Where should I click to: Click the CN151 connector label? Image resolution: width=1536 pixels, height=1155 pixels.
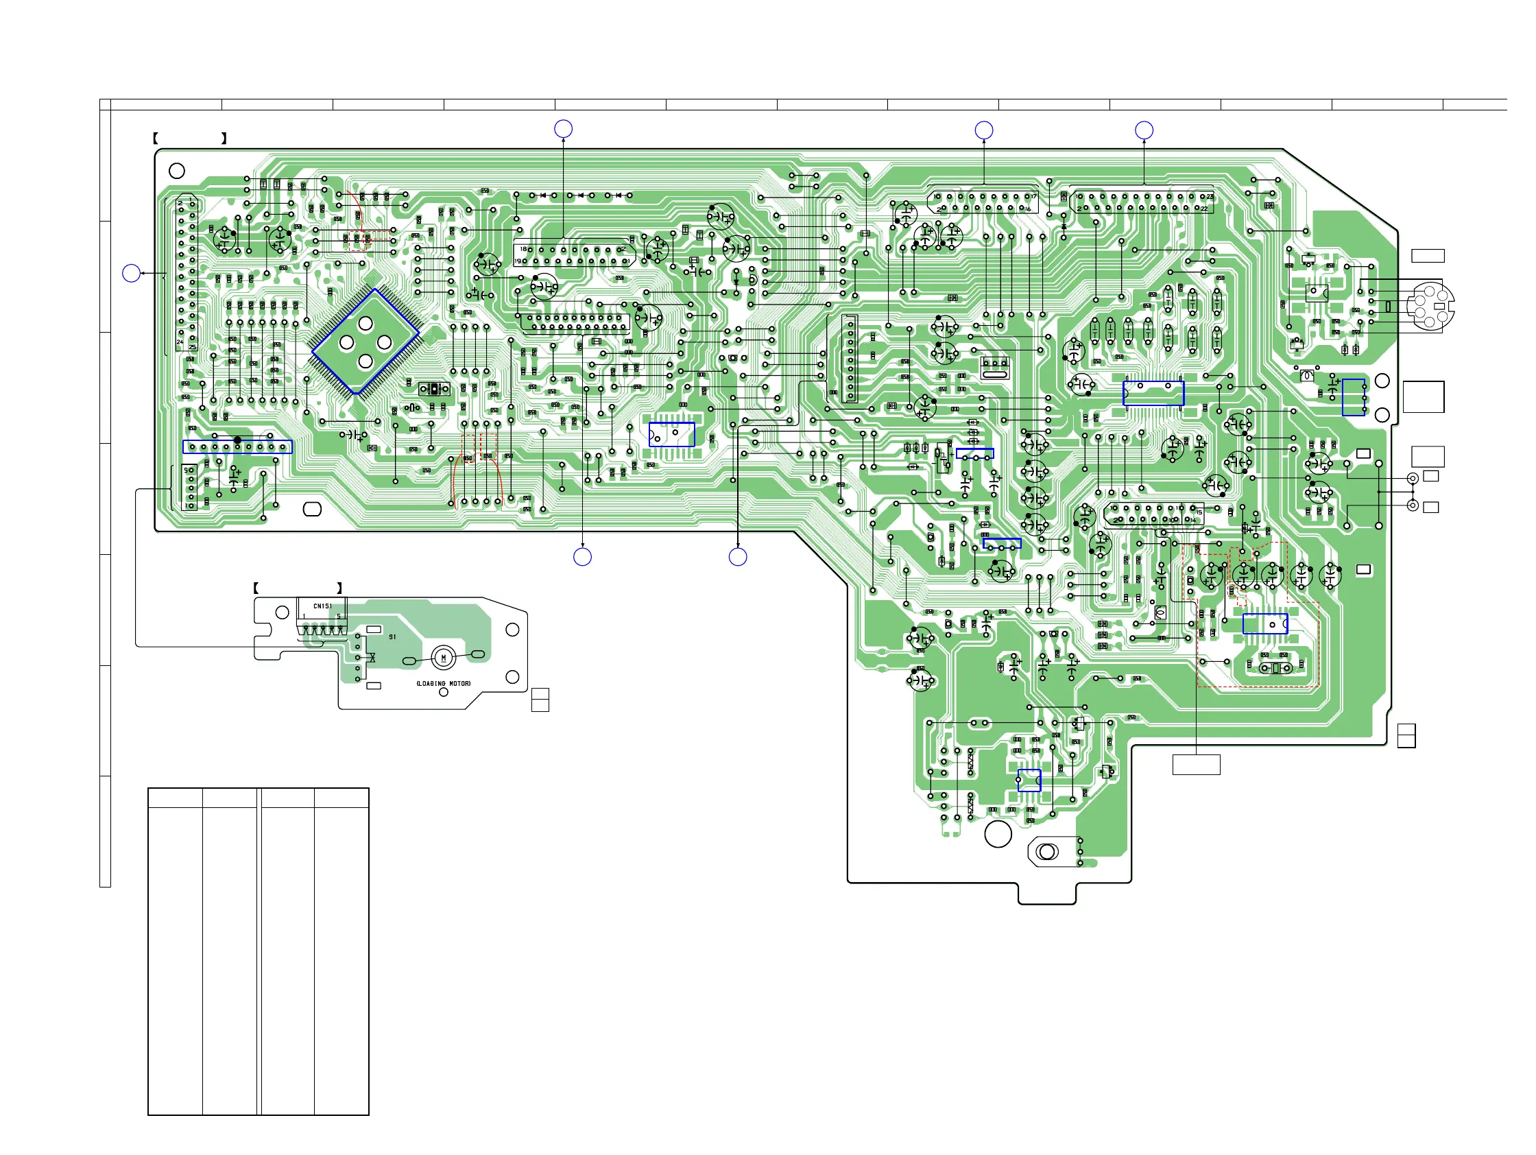(x=322, y=606)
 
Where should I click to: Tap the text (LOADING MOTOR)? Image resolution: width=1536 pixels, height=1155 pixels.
(x=443, y=683)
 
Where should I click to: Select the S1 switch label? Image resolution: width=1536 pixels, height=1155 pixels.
(x=392, y=637)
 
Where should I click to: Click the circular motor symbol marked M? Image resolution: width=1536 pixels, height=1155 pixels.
(x=444, y=657)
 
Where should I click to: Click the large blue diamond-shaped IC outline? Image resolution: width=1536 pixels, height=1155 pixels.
(x=365, y=342)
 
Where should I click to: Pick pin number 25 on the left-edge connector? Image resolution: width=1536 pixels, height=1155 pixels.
(x=193, y=347)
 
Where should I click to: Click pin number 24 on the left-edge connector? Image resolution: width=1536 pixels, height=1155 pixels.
(x=180, y=342)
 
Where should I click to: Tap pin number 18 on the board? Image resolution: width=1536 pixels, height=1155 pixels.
(x=524, y=249)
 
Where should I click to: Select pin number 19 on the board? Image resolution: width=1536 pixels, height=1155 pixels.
(x=518, y=261)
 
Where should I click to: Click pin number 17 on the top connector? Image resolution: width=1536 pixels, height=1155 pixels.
(x=1033, y=197)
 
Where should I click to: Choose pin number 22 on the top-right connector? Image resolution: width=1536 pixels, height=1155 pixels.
(x=1205, y=209)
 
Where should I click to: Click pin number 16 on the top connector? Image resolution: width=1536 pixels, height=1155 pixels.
(x=1029, y=209)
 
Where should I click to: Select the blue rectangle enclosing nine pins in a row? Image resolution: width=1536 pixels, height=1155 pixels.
(x=237, y=447)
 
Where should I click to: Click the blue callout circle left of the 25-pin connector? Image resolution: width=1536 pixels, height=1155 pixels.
(x=131, y=274)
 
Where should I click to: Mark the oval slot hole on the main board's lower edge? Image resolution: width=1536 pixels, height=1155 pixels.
(x=313, y=510)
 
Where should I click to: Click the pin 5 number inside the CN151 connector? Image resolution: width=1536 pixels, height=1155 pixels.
(x=339, y=616)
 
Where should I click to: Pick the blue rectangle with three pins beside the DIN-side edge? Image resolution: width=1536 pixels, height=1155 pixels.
(x=1353, y=397)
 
